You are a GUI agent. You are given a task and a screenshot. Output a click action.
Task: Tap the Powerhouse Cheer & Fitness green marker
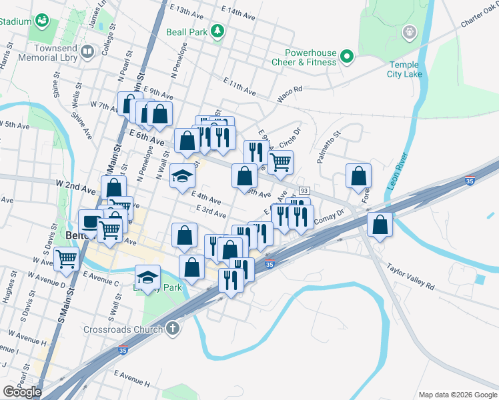point(346,57)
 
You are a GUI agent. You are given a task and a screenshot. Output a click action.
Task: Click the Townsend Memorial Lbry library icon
point(87,51)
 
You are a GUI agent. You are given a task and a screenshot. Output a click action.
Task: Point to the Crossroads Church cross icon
point(172,329)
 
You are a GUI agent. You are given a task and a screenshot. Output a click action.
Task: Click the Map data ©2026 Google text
point(458,395)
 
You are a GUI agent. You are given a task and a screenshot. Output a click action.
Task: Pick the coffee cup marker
point(90,221)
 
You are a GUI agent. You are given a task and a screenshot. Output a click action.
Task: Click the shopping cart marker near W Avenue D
point(66,259)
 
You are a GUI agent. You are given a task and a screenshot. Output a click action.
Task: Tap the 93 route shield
point(304,191)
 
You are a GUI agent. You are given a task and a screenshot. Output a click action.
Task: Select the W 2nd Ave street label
point(72,183)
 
